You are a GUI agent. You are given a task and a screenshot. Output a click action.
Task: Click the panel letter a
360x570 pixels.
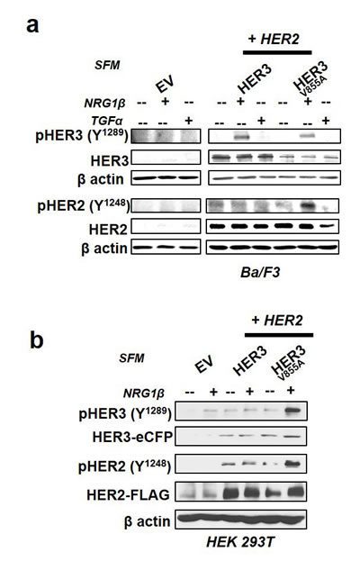point(32,25)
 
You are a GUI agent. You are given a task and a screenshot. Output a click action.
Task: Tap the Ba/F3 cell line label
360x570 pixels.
point(260,272)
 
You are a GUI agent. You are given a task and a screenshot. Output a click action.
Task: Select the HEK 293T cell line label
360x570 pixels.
point(240,542)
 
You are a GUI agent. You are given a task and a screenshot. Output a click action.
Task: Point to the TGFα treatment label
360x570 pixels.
point(106,121)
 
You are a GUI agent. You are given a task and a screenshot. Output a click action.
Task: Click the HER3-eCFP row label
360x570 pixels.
point(132,437)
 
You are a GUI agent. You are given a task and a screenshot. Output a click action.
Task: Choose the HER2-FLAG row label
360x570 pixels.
point(128,494)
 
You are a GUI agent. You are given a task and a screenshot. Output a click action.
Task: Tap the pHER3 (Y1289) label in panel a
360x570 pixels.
point(82,136)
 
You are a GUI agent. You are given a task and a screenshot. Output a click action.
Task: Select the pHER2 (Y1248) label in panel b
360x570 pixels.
point(124,466)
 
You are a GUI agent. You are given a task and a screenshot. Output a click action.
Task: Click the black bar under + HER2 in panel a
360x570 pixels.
point(277,52)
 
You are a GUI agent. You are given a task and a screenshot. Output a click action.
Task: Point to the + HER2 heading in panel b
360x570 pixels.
point(277,321)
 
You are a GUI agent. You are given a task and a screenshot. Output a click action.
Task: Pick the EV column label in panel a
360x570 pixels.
point(165,86)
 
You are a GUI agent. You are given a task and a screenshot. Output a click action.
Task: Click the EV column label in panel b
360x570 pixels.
point(203,365)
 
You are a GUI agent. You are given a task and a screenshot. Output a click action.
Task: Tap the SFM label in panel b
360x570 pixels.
point(131,358)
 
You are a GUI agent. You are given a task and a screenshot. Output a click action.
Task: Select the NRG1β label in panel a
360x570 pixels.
point(104,104)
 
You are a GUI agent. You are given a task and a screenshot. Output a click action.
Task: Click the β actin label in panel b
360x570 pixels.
point(147,521)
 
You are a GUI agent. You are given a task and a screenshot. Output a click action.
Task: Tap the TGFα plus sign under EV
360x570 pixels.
point(188,120)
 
